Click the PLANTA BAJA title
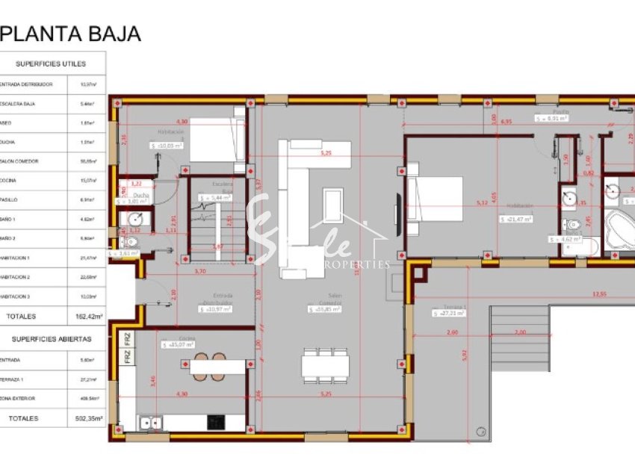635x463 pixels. [71, 34]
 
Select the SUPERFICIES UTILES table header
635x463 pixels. [51, 63]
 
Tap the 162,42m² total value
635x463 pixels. [89, 317]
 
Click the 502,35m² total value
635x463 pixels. [89, 419]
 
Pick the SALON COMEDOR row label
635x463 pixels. [19, 161]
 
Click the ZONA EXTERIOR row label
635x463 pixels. [18, 400]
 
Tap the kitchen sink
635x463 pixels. [151, 423]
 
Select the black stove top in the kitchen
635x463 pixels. [217, 423]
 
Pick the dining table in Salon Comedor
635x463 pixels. [325, 365]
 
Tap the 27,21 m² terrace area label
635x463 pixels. [448, 314]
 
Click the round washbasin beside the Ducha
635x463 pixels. [134, 220]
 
